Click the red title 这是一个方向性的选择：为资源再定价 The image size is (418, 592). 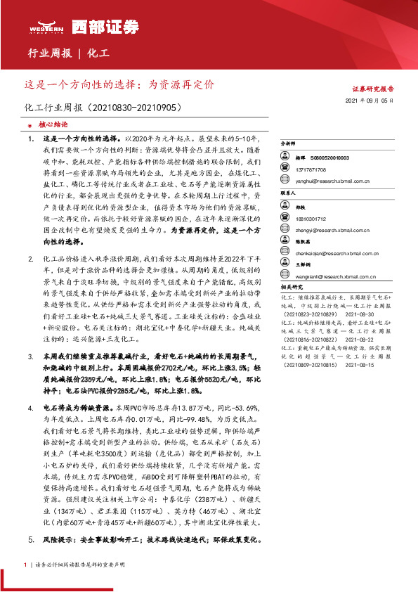click(119, 84)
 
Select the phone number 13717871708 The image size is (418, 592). click(316, 170)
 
